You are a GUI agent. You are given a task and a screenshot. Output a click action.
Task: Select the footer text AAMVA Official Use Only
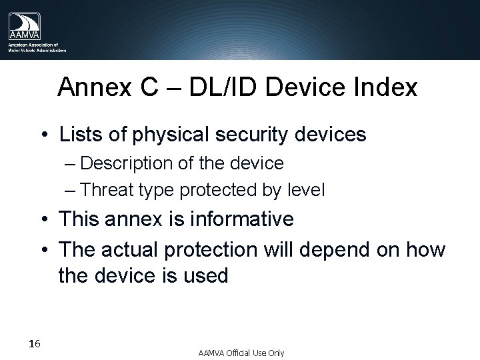pos(241,352)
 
